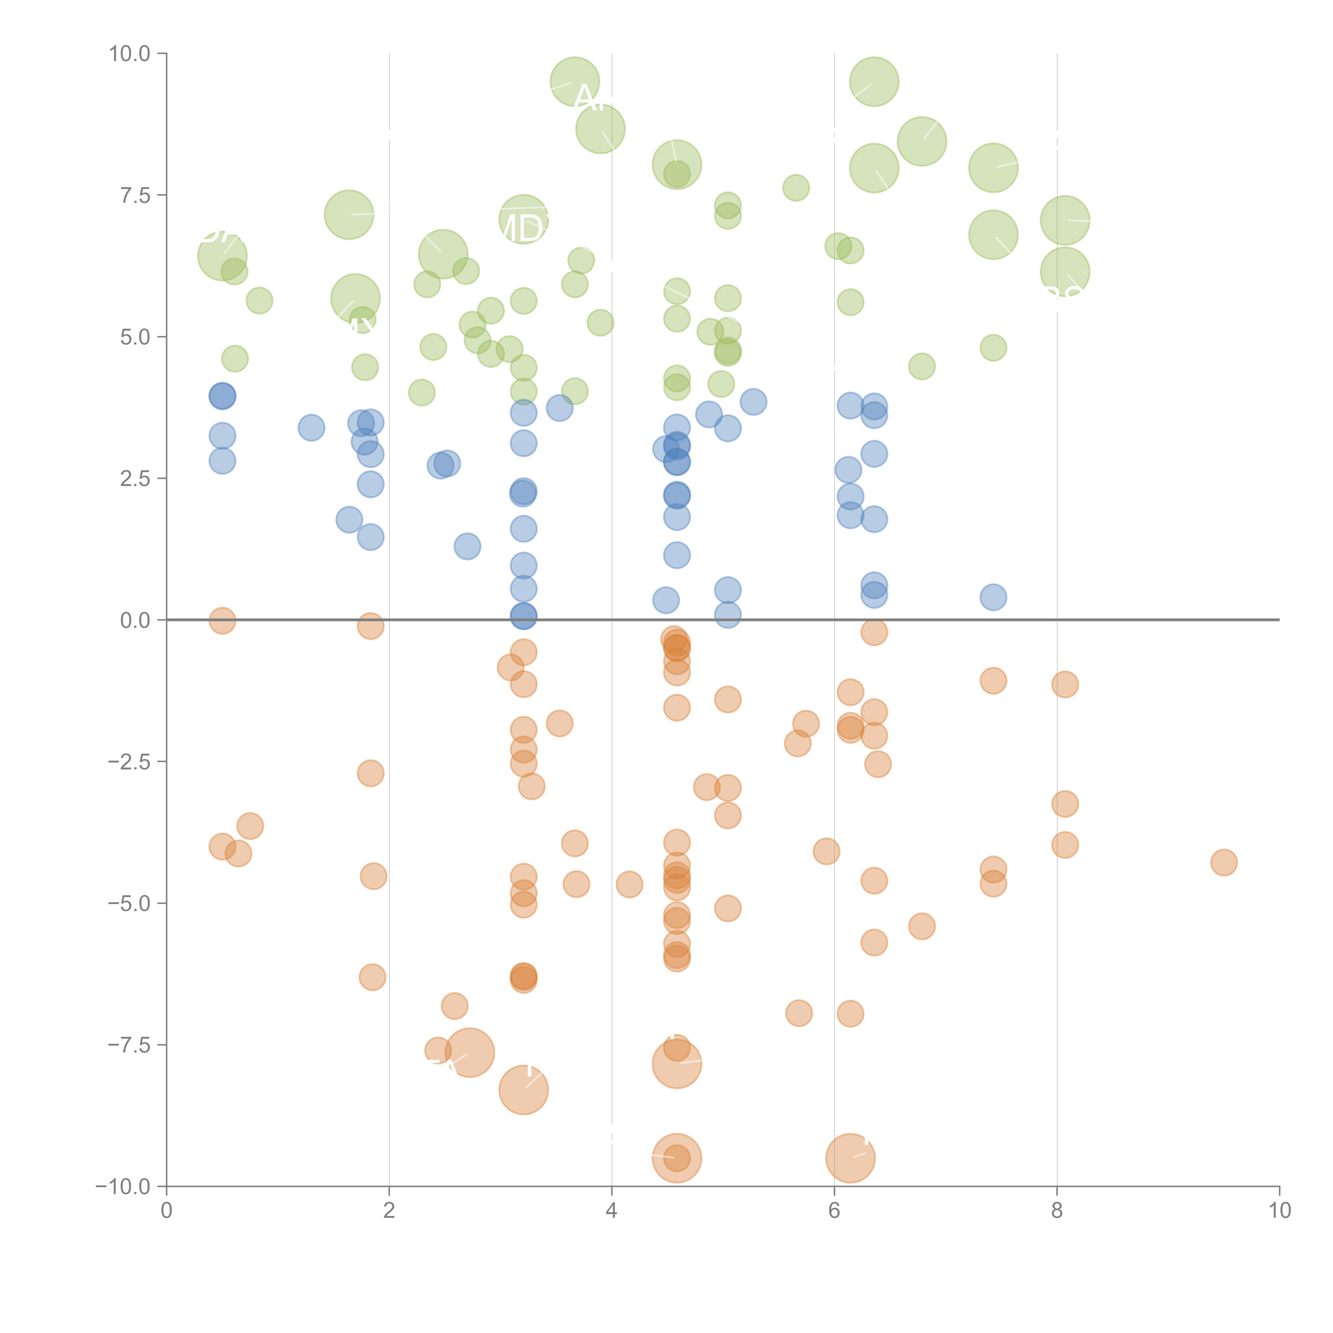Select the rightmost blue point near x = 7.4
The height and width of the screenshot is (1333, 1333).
993,597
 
